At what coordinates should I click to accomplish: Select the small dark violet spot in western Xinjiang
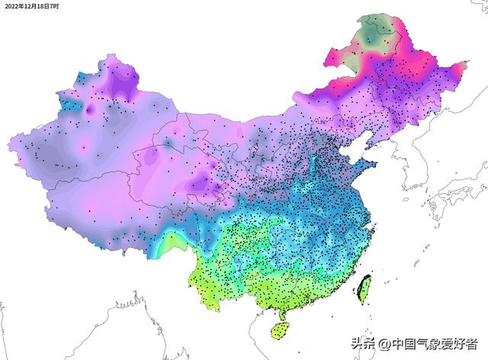[x=89, y=111]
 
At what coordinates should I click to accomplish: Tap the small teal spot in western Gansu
[x=167, y=143]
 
